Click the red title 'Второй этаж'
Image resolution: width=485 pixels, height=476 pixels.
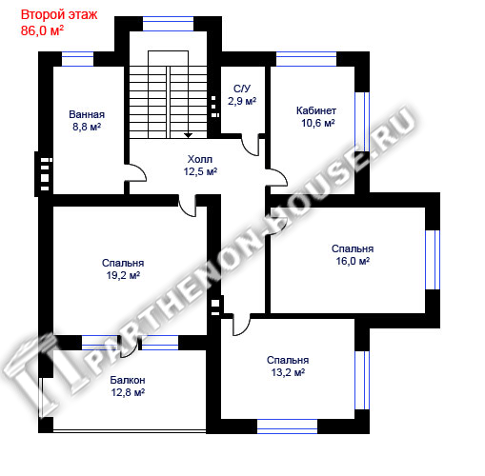click(59, 15)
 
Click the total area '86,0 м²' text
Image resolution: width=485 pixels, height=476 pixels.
click(42, 30)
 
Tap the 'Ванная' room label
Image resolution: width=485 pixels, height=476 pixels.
click(87, 114)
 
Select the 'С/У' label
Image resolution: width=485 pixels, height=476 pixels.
click(242, 89)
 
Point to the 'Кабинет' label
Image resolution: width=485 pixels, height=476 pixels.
click(316, 110)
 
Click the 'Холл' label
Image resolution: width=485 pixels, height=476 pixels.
click(200, 159)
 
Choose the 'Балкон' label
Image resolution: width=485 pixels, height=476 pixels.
click(128, 380)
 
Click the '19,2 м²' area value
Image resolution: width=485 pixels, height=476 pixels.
click(123, 275)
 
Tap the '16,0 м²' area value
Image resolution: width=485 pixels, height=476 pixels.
click(353, 261)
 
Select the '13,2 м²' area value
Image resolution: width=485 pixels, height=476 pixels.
click(288, 372)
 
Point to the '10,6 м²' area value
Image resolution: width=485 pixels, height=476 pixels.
click(318, 123)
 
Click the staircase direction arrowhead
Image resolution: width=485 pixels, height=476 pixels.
click(189, 135)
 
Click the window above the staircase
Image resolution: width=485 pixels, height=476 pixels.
click(168, 24)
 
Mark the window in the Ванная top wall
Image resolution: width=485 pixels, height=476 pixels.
click(78, 59)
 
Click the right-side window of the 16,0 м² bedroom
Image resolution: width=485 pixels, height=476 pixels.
click(433, 260)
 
